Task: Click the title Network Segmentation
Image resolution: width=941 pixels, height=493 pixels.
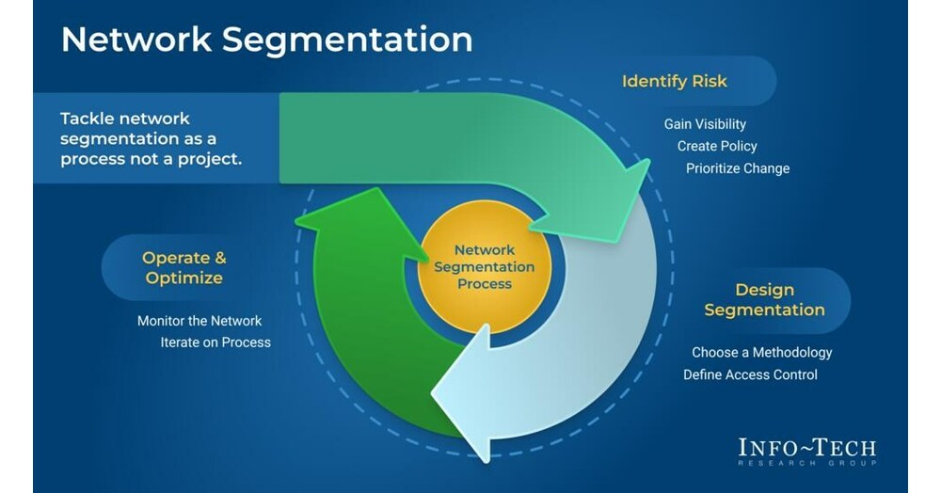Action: pos(266,40)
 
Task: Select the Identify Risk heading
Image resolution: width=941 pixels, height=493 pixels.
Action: pos(674,81)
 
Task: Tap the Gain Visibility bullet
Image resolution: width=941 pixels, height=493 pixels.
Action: pos(705,124)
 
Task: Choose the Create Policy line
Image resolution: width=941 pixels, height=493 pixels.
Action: pos(717,146)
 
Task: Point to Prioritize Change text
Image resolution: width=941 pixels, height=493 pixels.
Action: pos(738,168)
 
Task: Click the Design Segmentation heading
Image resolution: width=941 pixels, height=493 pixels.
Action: pos(764,300)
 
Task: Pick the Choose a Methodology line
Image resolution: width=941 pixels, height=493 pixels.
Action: pos(761,353)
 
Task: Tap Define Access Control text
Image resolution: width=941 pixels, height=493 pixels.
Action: pos(750,374)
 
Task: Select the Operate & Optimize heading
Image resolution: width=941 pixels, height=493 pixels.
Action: pos(183,267)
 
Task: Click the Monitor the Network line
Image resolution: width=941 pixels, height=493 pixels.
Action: pos(199,321)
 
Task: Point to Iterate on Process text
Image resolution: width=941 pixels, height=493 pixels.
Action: pos(215,342)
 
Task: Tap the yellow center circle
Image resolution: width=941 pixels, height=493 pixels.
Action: pos(484,266)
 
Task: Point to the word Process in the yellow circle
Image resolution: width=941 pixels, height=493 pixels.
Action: pos(486,283)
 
